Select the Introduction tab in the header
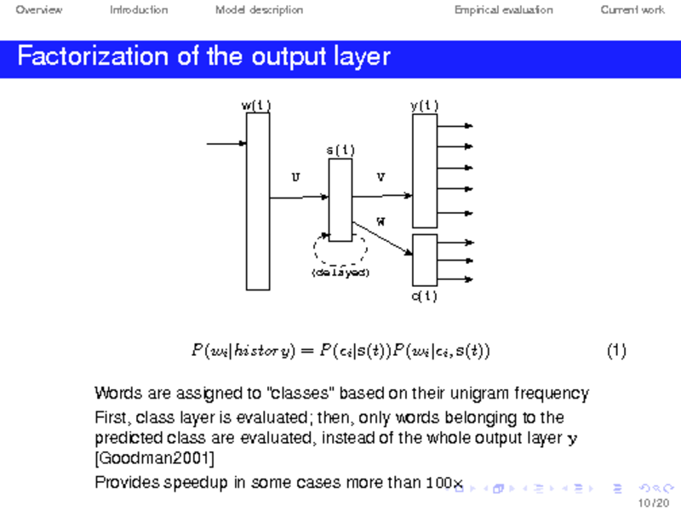(x=139, y=10)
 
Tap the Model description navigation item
(x=259, y=10)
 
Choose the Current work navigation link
(x=632, y=10)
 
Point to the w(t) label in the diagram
(x=256, y=106)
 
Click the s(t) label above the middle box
(x=340, y=151)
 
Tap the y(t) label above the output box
(x=424, y=106)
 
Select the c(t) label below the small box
(x=424, y=296)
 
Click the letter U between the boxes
(x=295, y=177)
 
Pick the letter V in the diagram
(x=381, y=177)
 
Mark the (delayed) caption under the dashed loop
(x=340, y=273)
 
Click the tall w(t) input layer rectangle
(x=257, y=201)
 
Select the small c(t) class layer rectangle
(x=424, y=260)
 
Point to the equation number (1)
(x=616, y=350)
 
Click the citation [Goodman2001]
(x=153, y=459)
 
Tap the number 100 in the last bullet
(x=437, y=483)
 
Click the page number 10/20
(x=656, y=502)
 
